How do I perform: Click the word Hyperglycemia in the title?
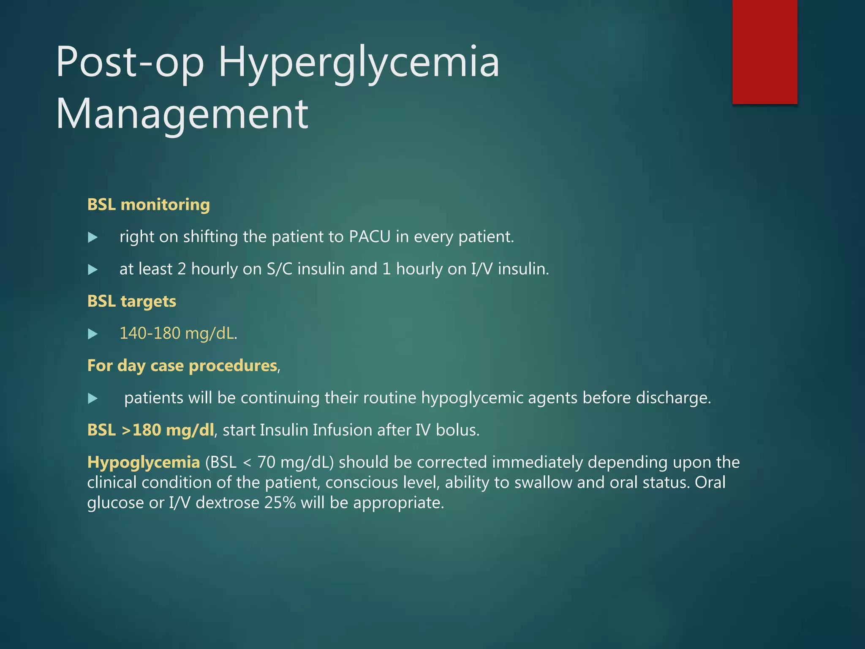point(359,63)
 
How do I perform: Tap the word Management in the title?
point(182,114)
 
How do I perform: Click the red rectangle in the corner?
point(764,52)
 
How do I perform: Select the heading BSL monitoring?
point(148,205)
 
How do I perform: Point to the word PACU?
point(370,237)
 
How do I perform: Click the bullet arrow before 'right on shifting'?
point(92,237)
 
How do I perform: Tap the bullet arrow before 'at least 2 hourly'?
point(92,270)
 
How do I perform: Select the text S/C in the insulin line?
point(279,269)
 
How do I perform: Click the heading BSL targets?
point(131,301)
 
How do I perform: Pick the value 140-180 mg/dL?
point(177,333)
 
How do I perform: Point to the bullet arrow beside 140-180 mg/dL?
point(92,334)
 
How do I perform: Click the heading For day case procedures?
point(182,365)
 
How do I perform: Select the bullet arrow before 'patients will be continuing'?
point(92,398)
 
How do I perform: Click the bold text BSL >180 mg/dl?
point(150,430)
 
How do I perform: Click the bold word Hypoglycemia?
point(143,462)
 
